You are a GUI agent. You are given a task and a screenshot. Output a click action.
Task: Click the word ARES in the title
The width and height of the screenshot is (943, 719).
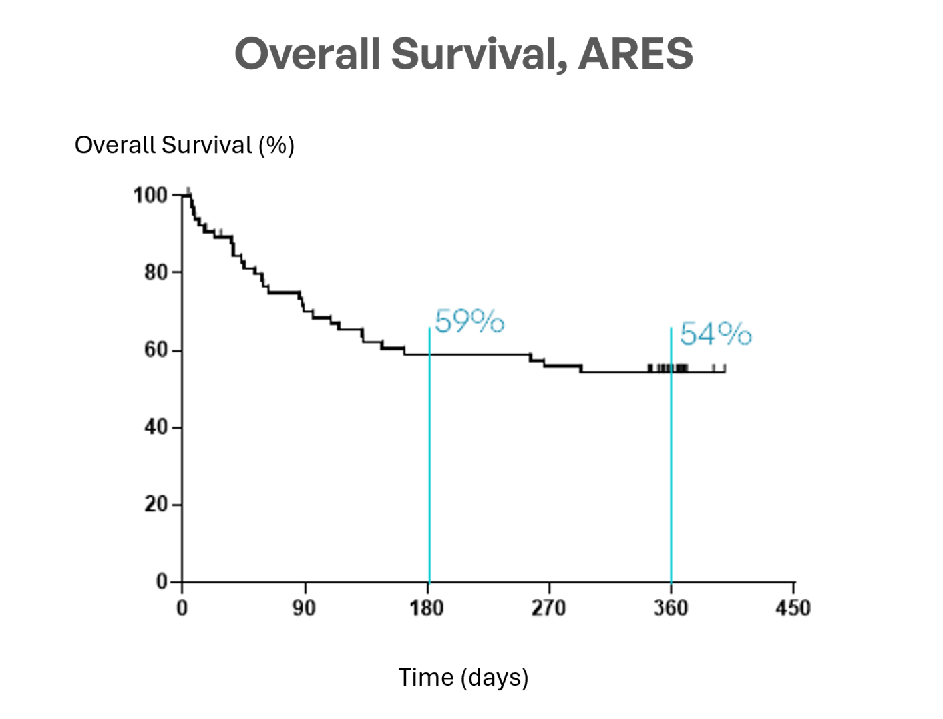coord(636,53)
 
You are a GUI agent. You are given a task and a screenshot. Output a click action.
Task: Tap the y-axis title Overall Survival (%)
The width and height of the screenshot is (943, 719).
coord(184,145)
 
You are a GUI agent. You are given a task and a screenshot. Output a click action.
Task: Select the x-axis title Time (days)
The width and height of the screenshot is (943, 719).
coord(463,677)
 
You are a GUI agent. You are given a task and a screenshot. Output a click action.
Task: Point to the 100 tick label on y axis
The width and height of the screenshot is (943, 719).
coord(150,196)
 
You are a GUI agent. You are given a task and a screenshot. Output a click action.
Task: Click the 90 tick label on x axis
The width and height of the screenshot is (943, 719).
coord(305,608)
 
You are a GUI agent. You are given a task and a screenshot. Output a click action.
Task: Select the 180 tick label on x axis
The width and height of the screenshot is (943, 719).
coord(427,608)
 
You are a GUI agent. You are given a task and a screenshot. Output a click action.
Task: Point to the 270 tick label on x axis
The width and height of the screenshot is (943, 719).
coord(548,608)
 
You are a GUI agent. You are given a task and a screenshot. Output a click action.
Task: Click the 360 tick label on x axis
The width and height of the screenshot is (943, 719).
coord(671,608)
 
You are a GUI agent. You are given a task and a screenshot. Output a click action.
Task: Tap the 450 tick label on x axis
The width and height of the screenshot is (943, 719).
coord(793,608)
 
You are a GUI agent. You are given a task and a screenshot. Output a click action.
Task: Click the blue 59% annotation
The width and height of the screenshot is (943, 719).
coord(469,322)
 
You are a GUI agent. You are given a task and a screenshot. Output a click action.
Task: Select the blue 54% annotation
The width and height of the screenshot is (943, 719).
coord(715,334)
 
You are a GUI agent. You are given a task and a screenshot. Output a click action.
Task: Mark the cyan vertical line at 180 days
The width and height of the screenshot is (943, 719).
coord(429,466)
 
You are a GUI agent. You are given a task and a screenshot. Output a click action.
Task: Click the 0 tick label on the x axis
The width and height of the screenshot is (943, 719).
coord(182,608)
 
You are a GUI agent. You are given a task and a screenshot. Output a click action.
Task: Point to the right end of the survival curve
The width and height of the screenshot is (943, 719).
coord(724,371)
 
